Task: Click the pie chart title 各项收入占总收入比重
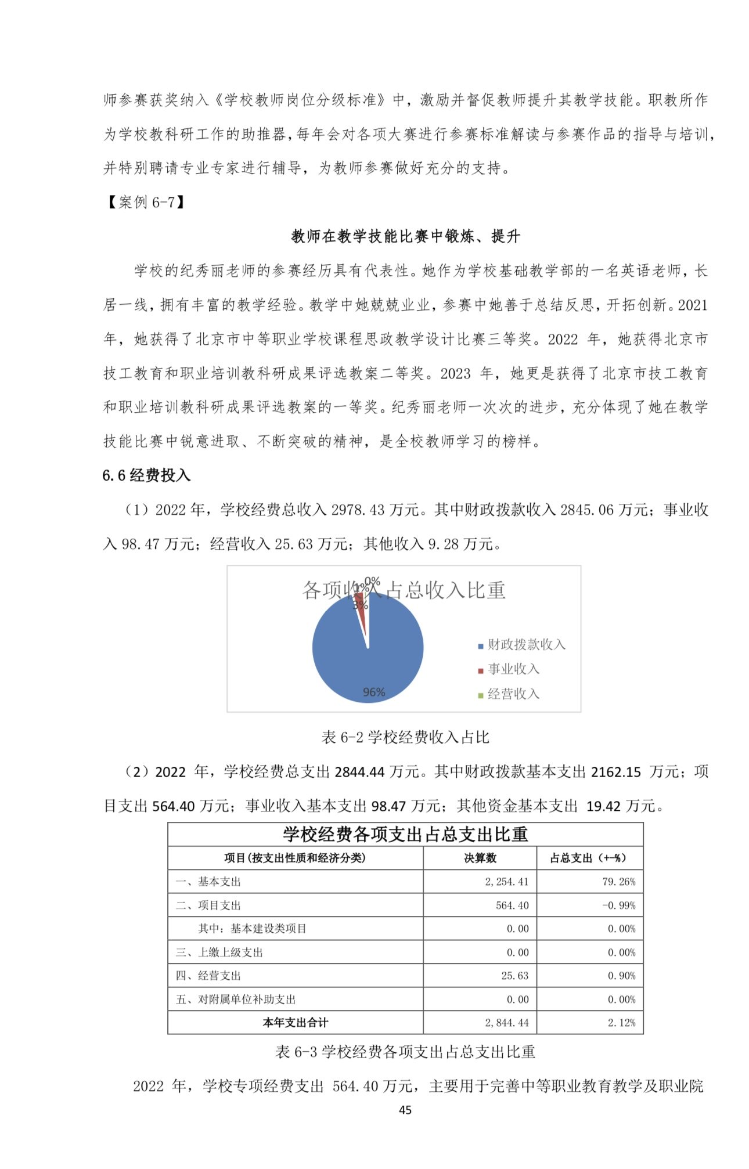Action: [404, 590]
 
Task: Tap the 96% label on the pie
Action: [373, 692]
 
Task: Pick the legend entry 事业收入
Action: [513, 669]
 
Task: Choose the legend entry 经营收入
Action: [513, 694]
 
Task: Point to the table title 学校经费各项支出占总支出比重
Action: [405, 834]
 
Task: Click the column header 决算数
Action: [480, 858]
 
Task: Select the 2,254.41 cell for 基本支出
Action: [506, 882]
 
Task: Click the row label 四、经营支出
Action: [208, 976]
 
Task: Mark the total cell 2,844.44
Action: [506, 1023]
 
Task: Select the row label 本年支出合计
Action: [295, 1023]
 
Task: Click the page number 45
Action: [405, 1110]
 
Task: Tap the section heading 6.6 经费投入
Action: [146, 475]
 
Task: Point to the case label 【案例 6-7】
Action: [146, 202]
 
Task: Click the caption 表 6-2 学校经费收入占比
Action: [405, 737]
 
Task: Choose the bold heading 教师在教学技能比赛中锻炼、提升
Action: [405, 236]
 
